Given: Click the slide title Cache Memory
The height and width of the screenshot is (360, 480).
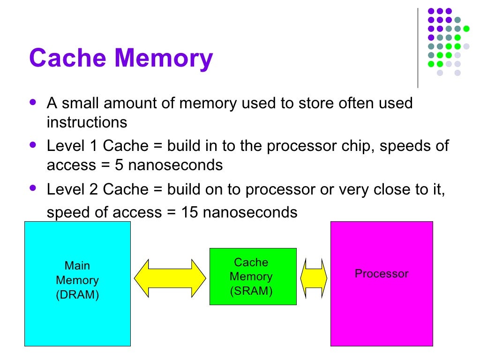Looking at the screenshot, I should pyautogui.click(x=121, y=59).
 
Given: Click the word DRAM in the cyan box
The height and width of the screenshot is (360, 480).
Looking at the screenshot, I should pyautogui.click(x=77, y=295).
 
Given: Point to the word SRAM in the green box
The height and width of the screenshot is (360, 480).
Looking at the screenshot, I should pyautogui.click(x=251, y=291).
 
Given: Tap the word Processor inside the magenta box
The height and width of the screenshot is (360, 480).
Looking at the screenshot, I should pyautogui.click(x=382, y=274).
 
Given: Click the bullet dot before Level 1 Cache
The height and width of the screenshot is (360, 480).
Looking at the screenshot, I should pyautogui.click(x=32, y=145).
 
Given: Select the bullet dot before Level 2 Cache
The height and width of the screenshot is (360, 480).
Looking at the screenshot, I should pyautogui.click(x=32, y=188).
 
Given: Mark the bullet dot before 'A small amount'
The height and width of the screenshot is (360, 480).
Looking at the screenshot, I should pyautogui.click(x=32, y=102).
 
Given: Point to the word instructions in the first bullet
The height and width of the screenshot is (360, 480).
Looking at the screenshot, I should pyautogui.click(x=87, y=123).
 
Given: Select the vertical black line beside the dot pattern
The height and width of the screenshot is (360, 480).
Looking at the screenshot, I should pyautogui.click(x=418, y=47).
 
